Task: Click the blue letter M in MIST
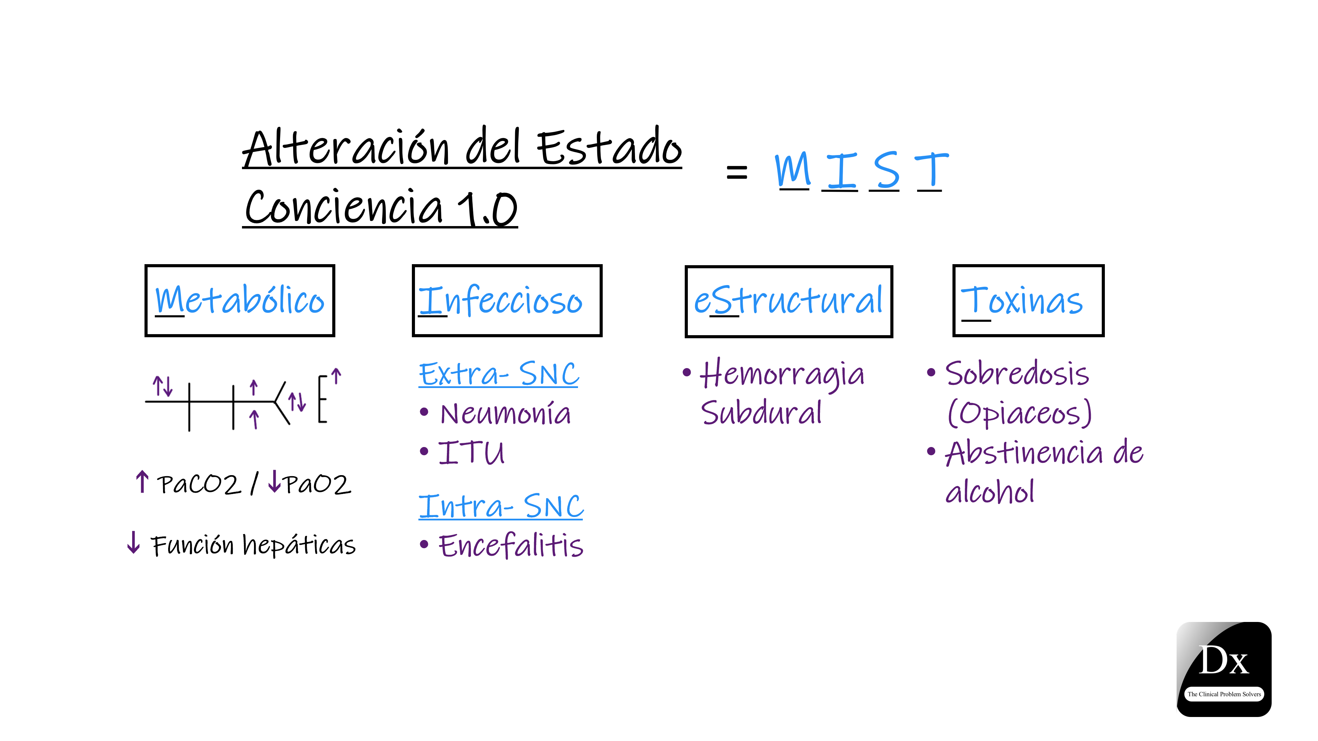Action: pos(793,170)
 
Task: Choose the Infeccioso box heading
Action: pos(500,301)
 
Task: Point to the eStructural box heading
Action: pos(788,301)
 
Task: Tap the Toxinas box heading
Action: pos(1022,301)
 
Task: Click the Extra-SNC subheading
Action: pos(499,374)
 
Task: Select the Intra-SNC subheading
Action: pos(501,506)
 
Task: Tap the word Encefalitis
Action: pos(511,546)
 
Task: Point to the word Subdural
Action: pos(761,413)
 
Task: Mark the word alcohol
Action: pos(990,492)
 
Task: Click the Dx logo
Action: pos(1224,669)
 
